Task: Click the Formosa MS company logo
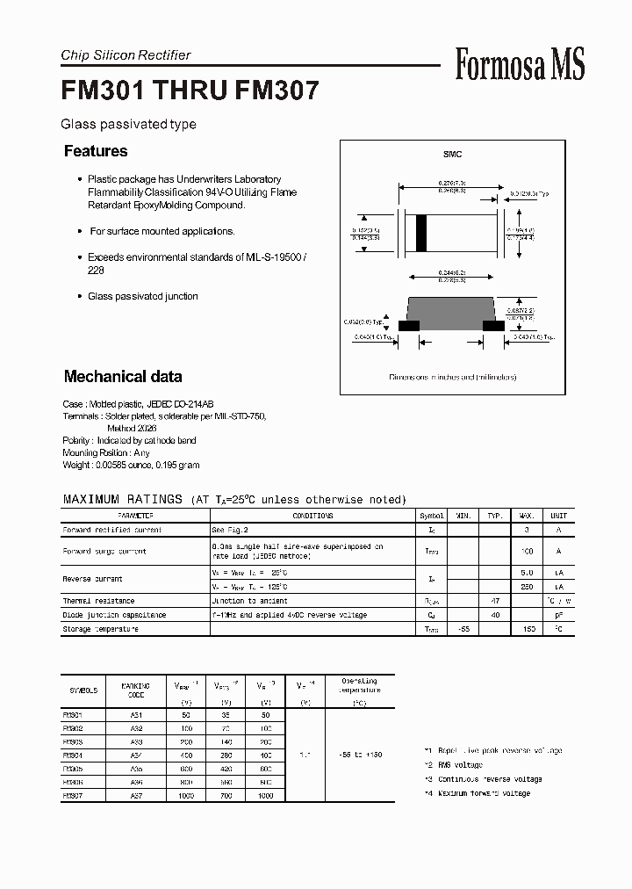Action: tap(520, 64)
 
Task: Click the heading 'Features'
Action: tap(96, 151)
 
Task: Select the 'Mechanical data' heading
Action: tap(123, 377)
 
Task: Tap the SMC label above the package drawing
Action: tap(452, 155)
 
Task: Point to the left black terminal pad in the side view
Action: tap(409, 325)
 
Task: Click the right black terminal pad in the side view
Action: tap(494, 325)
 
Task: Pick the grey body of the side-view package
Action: tap(451, 311)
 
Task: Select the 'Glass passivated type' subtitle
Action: tap(128, 125)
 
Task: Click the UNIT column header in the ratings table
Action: tap(558, 516)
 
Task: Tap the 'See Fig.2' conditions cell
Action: tap(230, 531)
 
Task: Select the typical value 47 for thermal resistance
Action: tap(495, 601)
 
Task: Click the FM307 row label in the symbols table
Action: tap(73, 795)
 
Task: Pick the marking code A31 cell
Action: tap(136, 715)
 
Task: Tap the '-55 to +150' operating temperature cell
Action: tap(359, 755)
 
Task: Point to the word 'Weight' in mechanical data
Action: tap(75, 465)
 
